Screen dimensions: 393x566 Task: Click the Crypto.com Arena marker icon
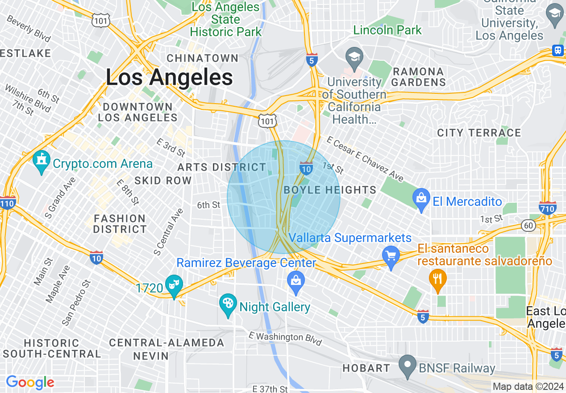pos(42,162)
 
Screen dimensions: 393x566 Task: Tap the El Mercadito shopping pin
pos(421,200)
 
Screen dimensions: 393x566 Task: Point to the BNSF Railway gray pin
pos(408,366)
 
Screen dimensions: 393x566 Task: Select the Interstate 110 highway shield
pos(8,202)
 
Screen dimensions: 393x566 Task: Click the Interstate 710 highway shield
pos(548,208)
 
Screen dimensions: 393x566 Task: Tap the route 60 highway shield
pos(529,226)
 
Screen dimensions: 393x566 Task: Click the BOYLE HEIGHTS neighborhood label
pos(330,190)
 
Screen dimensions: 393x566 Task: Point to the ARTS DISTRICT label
pos(221,167)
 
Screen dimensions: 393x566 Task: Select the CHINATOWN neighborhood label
pos(203,58)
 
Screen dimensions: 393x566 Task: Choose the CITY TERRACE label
pos(479,133)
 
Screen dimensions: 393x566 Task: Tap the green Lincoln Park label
pos(387,30)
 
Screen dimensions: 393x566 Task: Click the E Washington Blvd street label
pos(285,338)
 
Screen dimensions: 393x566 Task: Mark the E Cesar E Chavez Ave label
pos(365,159)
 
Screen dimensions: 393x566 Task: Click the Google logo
pos(30,382)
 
